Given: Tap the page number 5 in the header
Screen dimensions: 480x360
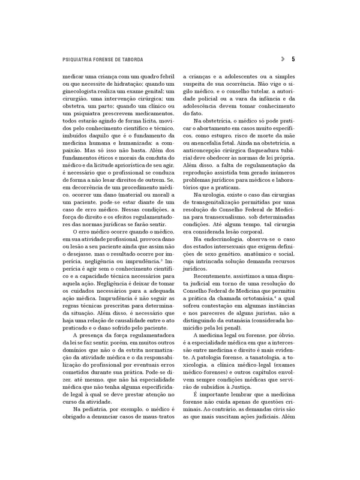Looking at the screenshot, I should click(293, 59).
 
